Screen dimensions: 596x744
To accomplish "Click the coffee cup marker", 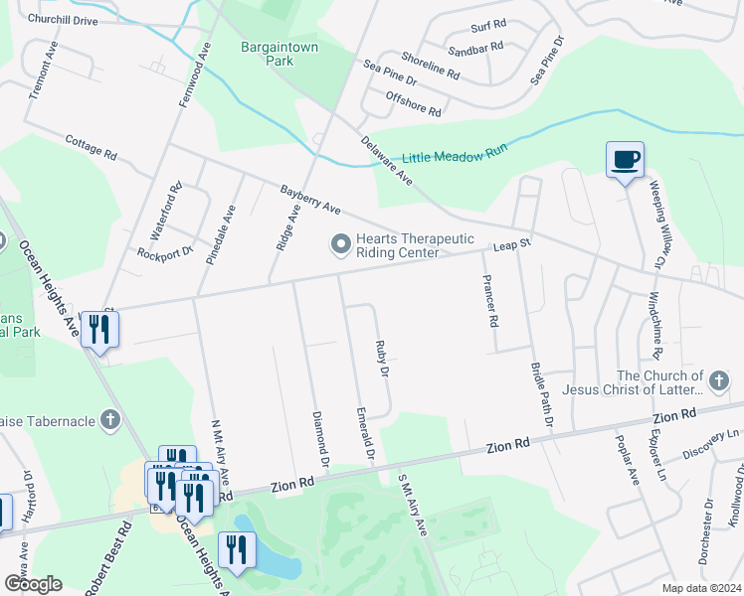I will pyautogui.click(x=625, y=160).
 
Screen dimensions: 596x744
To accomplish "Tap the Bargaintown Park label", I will pyautogui.click(x=268, y=54).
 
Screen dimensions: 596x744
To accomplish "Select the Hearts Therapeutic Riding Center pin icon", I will pyautogui.click(x=340, y=243).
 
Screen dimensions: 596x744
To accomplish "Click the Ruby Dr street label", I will pyautogui.click(x=381, y=359).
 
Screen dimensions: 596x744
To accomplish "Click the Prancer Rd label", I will pyautogui.click(x=488, y=302).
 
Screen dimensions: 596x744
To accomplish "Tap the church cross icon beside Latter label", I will pyautogui.click(x=716, y=381).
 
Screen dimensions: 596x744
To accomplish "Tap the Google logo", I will pyautogui.click(x=32, y=584).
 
